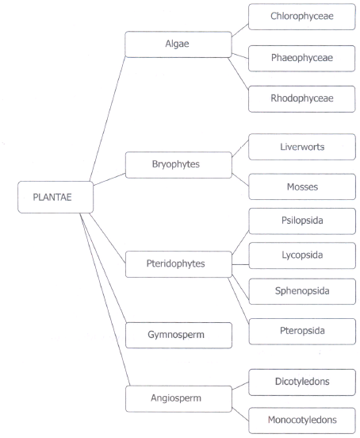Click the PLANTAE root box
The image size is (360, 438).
pyautogui.click(x=56, y=198)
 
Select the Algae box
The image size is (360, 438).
pyautogui.click(x=178, y=44)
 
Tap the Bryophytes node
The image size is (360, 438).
pyautogui.click(x=178, y=165)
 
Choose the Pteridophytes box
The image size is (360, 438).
pyautogui.click(x=178, y=264)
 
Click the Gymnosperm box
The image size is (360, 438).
pyautogui.click(x=178, y=335)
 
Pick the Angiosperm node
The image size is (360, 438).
pyautogui.click(x=178, y=399)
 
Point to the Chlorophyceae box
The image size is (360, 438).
pyautogui.click(x=302, y=17)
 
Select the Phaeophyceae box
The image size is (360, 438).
pyautogui.click(x=301, y=59)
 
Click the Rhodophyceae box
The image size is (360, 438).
pyautogui.click(x=301, y=99)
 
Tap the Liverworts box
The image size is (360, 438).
pyautogui.click(x=302, y=147)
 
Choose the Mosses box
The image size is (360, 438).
pyautogui.click(x=302, y=186)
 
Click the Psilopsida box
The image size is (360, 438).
pyautogui.click(x=302, y=221)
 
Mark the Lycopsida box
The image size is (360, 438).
pyautogui.click(x=302, y=255)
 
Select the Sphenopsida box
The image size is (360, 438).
pyautogui.click(x=302, y=291)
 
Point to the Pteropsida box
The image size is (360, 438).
pyautogui.click(x=302, y=332)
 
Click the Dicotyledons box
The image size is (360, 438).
pyautogui.click(x=302, y=382)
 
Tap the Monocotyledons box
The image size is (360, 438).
pyautogui.click(x=302, y=421)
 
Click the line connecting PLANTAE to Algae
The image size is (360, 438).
pyautogui.click(x=108, y=119)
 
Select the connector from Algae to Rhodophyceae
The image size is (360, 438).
pyautogui.click(x=238, y=74)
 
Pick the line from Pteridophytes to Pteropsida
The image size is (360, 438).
pyautogui.click(x=239, y=301)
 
